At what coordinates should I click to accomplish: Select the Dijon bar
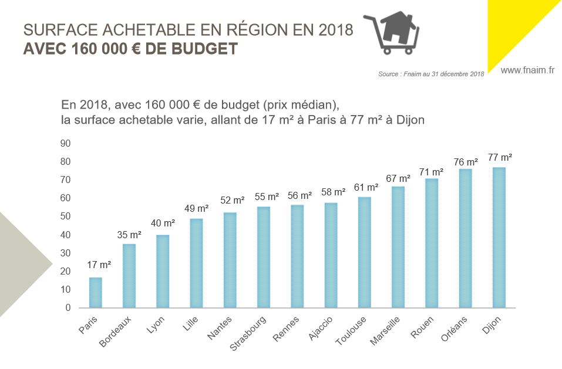[499, 238]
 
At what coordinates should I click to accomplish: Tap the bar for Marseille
[398, 247]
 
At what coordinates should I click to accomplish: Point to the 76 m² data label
[465, 161]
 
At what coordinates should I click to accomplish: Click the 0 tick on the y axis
[68, 307]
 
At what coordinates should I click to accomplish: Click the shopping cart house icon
[392, 32]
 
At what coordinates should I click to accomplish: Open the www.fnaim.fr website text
[527, 70]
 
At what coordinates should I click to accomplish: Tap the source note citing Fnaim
[431, 74]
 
